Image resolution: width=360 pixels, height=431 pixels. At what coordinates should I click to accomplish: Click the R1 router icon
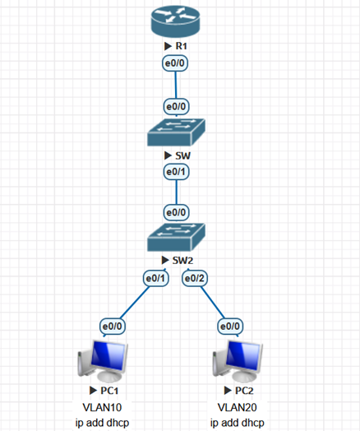(175, 21)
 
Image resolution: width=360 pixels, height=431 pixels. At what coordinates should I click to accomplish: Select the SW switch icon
(176, 132)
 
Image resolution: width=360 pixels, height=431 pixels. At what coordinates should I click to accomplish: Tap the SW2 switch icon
(176, 237)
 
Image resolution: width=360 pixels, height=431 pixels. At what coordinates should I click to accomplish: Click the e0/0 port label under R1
(175, 63)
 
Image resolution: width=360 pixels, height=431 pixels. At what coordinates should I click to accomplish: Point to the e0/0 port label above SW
(176, 106)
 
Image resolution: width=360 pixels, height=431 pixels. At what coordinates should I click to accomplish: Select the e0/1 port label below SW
(176, 172)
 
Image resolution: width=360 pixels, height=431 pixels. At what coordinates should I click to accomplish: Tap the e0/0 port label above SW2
(176, 212)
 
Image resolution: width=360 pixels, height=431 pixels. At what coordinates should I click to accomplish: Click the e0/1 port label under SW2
(155, 279)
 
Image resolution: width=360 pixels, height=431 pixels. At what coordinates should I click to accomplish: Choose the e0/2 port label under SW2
(195, 279)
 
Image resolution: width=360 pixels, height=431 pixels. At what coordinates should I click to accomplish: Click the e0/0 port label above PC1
(113, 327)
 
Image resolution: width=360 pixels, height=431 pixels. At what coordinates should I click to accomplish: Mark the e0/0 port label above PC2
(230, 327)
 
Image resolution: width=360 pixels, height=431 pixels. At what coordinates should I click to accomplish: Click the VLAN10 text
(102, 407)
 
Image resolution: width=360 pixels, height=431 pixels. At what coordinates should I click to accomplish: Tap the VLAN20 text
(238, 407)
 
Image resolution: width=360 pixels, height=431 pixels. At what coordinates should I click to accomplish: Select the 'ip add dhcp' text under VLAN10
(102, 423)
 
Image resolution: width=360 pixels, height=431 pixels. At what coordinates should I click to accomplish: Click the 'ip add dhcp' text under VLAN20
(238, 423)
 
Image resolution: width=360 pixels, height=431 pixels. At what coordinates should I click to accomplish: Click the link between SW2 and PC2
(213, 303)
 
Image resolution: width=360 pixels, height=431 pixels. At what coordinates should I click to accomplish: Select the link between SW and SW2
(176, 192)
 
